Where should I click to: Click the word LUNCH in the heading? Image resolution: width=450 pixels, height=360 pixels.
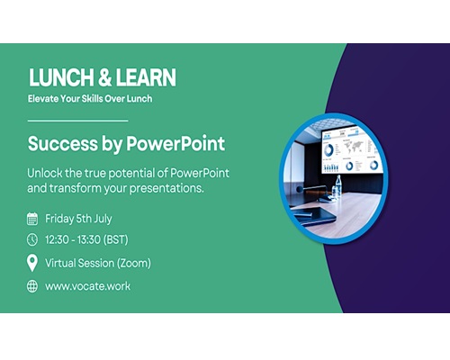pos(61,77)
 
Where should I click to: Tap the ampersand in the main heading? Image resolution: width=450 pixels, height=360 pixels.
pos(104,77)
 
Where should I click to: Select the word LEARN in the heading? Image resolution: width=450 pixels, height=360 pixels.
pos(146,77)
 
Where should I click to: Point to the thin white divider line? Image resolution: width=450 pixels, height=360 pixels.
pos(78,121)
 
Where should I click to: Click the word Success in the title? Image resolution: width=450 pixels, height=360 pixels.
pos(63,144)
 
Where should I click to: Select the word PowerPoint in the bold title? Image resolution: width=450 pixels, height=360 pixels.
pos(175,144)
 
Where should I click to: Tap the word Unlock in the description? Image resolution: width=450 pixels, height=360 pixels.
pos(45,173)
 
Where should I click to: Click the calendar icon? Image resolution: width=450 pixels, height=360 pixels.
pos(32,219)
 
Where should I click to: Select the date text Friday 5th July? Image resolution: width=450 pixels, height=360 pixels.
pos(78,219)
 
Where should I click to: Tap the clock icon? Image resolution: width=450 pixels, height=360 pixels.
pos(32,239)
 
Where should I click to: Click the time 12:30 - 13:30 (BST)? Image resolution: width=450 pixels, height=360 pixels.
pos(86,239)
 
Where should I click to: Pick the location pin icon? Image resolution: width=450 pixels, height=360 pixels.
pos(32,263)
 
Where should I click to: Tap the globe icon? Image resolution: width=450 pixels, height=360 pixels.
pos(32,286)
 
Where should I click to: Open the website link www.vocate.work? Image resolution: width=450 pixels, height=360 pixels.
pos(88,286)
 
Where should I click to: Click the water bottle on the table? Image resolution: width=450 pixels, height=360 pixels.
pos(338,186)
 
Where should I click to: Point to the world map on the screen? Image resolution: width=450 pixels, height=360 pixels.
pos(354,147)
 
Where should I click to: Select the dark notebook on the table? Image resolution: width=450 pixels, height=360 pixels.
pos(314,215)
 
